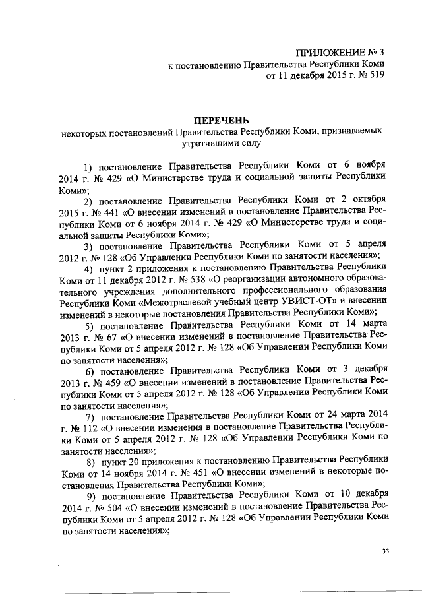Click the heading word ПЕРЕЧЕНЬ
point(221,120)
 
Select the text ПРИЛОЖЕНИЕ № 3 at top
point(340,52)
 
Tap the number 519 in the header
point(374,76)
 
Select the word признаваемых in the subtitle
point(353,132)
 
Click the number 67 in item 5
point(103,336)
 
